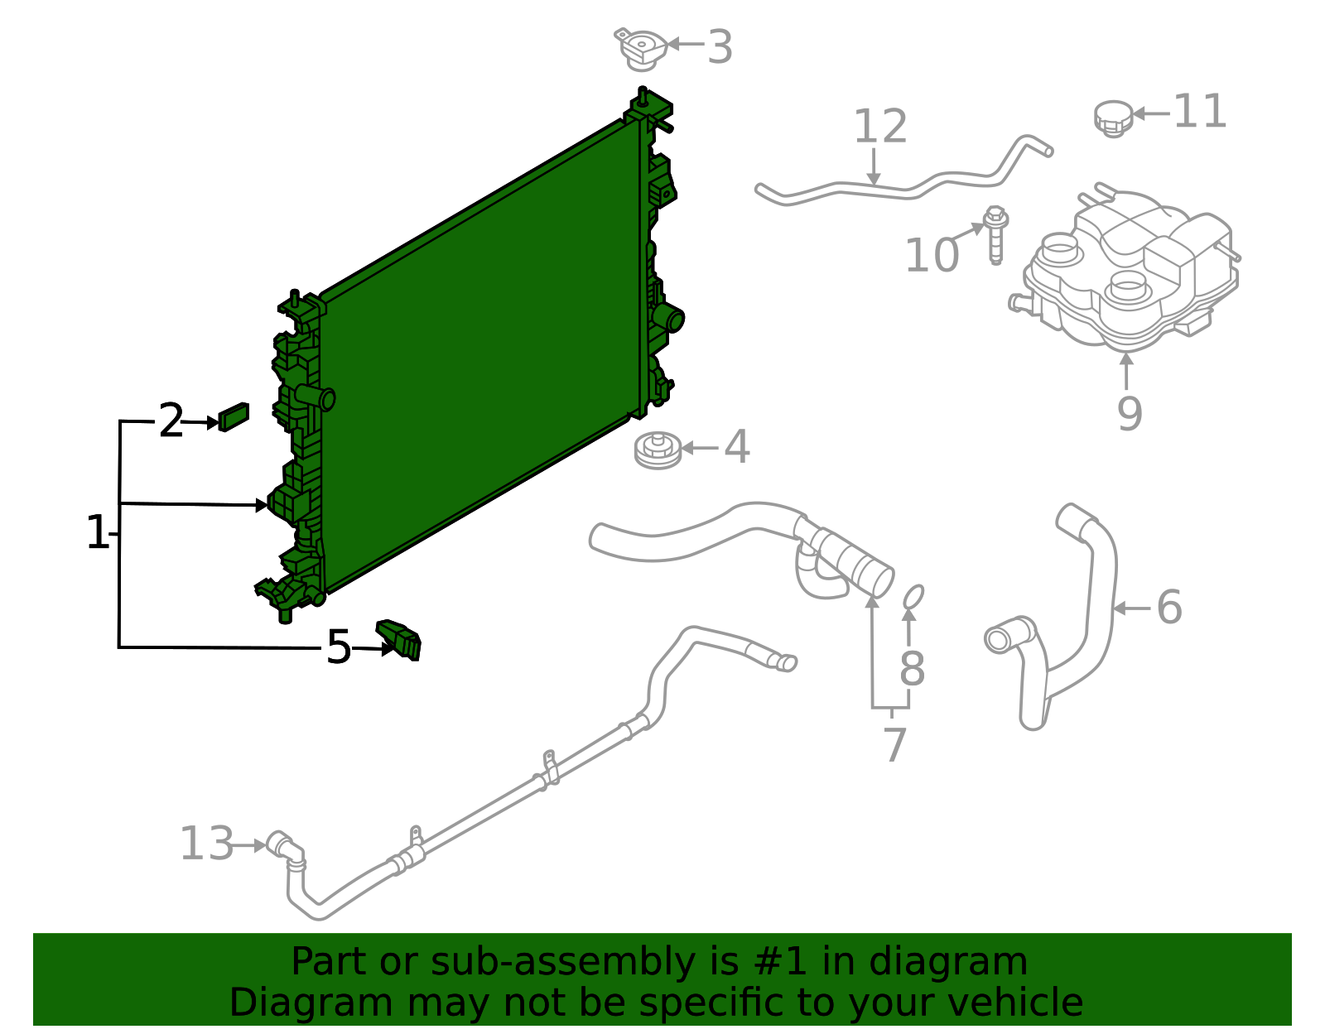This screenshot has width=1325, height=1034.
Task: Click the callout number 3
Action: click(720, 47)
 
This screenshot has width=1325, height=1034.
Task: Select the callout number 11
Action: click(1200, 112)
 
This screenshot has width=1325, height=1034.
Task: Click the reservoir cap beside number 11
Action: click(1113, 118)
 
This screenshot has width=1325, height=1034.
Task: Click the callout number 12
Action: click(880, 127)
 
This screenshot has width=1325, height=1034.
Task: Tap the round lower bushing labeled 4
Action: click(658, 450)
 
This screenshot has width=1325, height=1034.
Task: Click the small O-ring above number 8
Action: click(912, 596)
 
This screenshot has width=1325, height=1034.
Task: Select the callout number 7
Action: click(894, 745)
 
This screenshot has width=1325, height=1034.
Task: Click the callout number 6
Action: click(1168, 608)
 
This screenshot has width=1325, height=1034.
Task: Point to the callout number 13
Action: click(206, 844)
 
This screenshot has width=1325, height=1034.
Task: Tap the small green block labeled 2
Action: click(234, 416)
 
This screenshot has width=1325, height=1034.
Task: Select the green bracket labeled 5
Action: click(401, 639)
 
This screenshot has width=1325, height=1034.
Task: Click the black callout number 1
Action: click(97, 533)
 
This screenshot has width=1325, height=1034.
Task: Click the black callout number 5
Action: click(338, 647)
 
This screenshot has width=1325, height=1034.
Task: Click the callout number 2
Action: click(171, 421)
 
